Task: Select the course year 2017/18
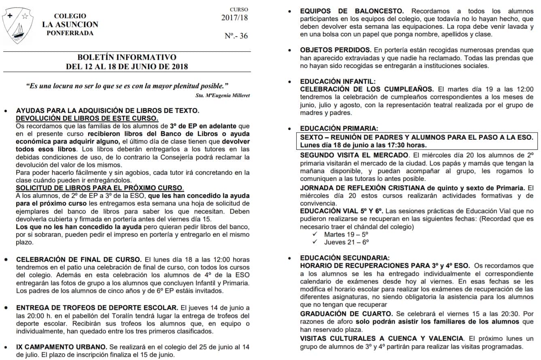234,17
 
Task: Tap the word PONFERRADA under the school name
70,33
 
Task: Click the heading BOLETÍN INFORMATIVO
127,57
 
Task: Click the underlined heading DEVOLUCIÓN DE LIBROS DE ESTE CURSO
87,118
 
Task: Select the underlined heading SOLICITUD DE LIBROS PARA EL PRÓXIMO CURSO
100,188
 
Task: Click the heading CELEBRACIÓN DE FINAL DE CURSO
79,259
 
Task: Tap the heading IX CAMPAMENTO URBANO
62,347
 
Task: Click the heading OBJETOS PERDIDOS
335,50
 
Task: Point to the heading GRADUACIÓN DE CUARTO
346,313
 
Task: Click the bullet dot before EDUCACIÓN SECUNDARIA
289,258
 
